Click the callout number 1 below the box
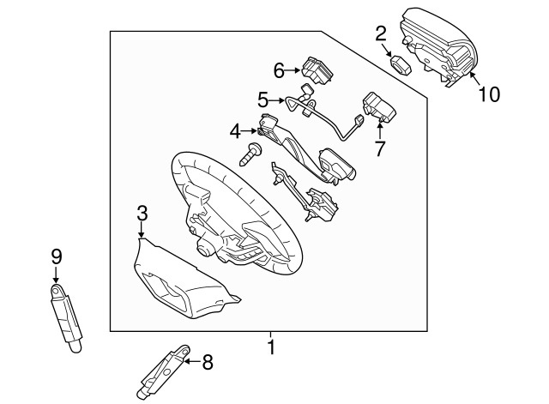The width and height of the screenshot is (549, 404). pyautogui.click(x=271, y=347)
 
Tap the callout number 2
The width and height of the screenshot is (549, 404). pyautogui.click(x=381, y=33)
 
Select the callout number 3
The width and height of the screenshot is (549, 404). pyautogui.click(x=142, y=214)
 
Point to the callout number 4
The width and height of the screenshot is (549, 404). pyautogui.click(x=235, y=131)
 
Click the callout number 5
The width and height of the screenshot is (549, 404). pyautogui.click(x=263, y=99)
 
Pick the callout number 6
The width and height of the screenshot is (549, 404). pyautogui.click(x=279, y=70)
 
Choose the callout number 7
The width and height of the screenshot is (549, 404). pyautogui.click(x=380, y=148)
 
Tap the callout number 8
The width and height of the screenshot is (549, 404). pyautogui.click(x=208, y=362)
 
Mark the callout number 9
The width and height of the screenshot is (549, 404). pyautogui.click(x=57, y=256)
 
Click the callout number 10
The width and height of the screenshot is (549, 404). pyautogui.click(x=490, y=93)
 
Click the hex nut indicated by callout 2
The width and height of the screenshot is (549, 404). pyautogui.click(x=401, y=64)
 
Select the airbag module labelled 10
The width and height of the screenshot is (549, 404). pyautogui.click(x=438, y=46)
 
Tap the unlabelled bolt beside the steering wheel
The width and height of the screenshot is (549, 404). pyautogui.click(x=250, y=154)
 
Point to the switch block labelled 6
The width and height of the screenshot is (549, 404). pyautogui.click(x=317, y=70)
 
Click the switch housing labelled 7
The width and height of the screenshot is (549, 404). pyautogui.click(x=379, y=106)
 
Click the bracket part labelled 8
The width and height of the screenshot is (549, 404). pyautogui.click(x=163, y=372)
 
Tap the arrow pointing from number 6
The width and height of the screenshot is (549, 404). pyautogui.click(x=293, y=70)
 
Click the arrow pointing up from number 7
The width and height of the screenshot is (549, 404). pyautogui.click(x=380, y=129)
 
